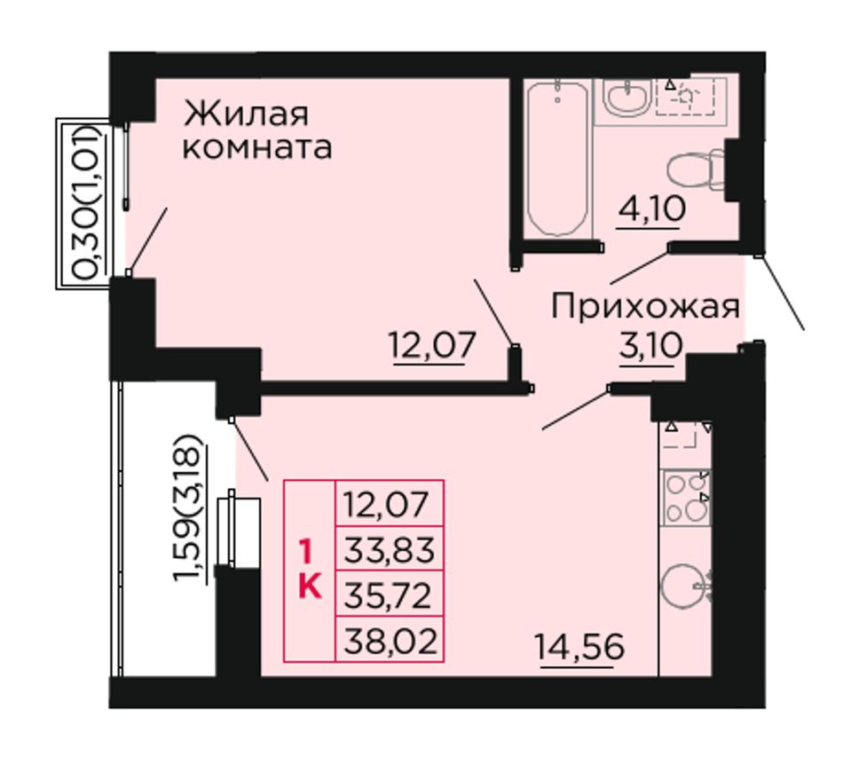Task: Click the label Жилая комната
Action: (x=257, y=130)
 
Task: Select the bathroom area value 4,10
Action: (x=651, y=208)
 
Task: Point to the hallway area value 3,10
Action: (x=651, y=346)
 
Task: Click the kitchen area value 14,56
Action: (x=579, y=646)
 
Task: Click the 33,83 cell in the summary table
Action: (x=390, y=550)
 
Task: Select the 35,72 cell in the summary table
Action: (x=388, y=595)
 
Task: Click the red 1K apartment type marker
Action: (x=310, y=570)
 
